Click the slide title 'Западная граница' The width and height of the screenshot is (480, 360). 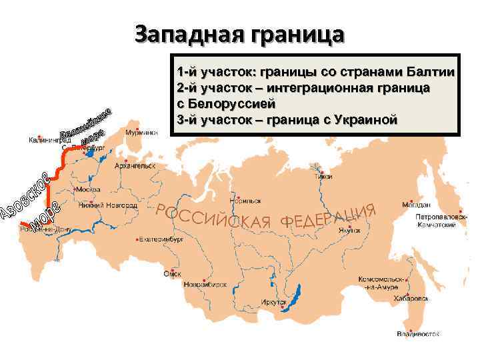tap(239, 33)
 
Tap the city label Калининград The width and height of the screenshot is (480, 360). tap(49, 141)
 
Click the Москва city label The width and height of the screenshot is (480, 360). tap(88, 189)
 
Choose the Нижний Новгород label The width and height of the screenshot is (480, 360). tap(107, 205)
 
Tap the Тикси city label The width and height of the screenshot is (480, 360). tap(325, 176)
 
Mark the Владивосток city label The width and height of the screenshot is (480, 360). tap(419, 331)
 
